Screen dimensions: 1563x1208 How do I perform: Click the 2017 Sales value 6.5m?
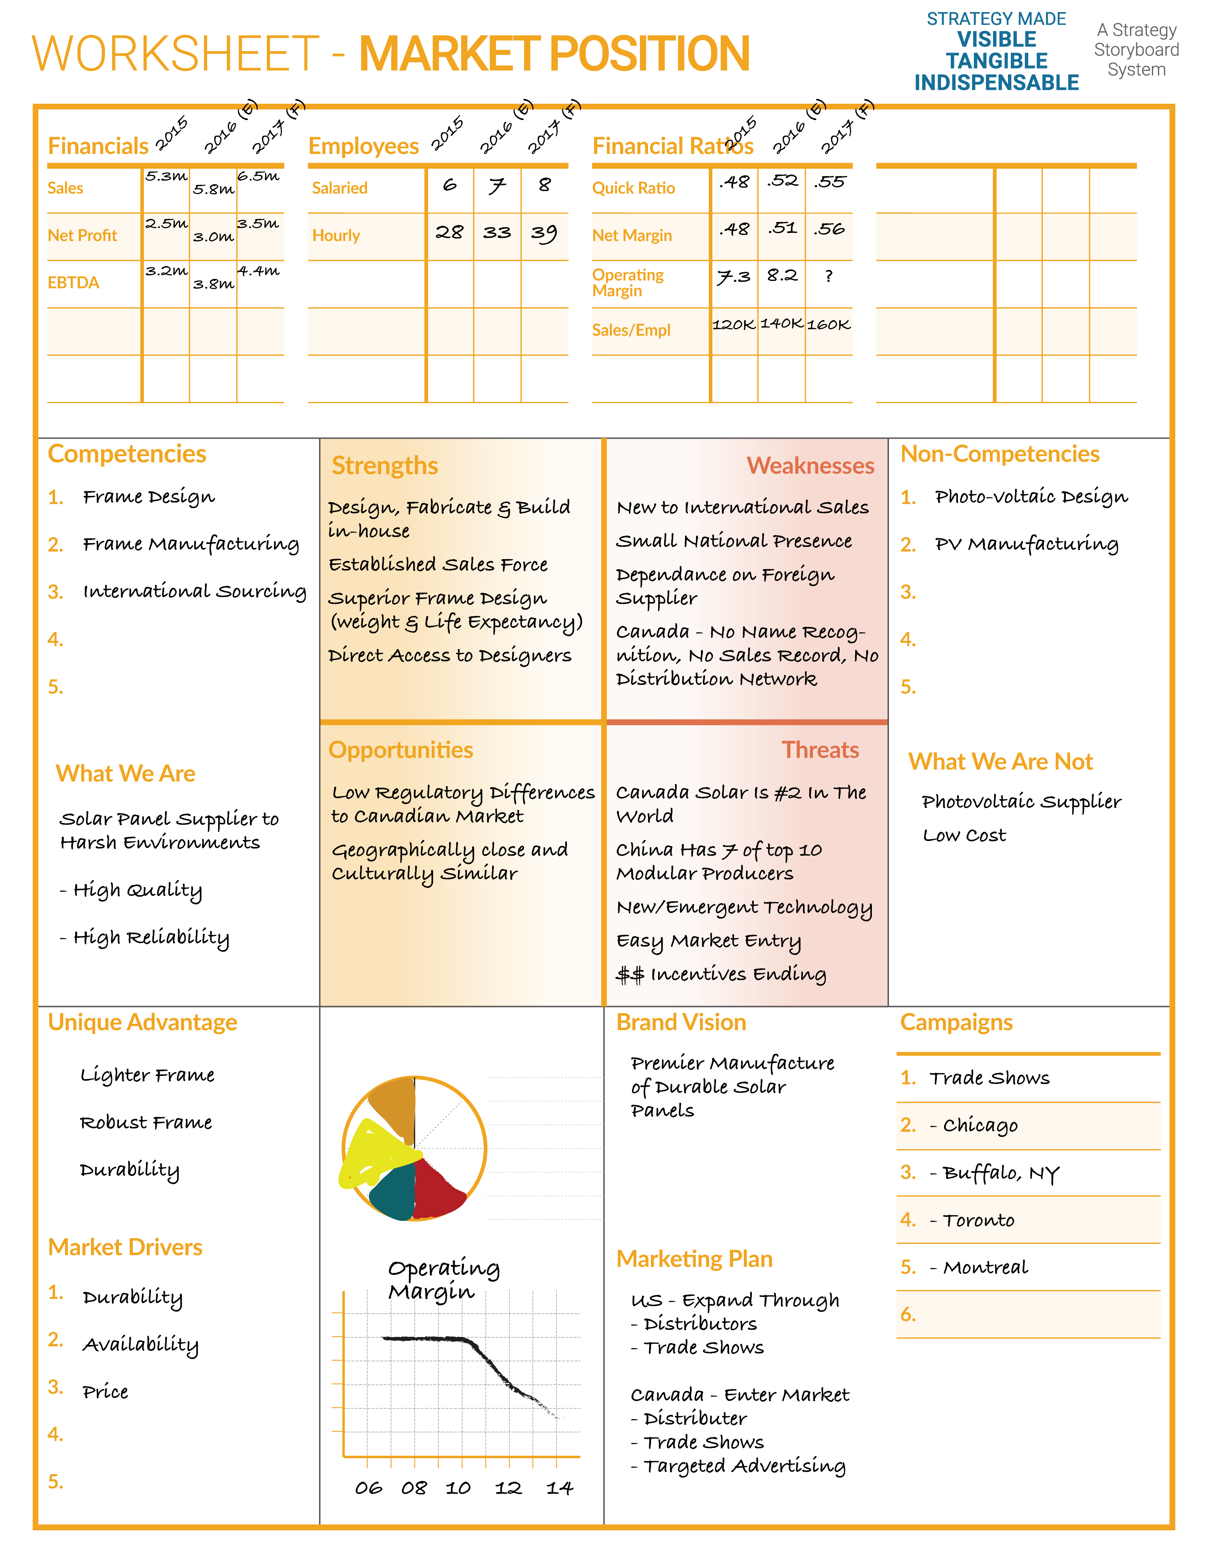coord(258,176)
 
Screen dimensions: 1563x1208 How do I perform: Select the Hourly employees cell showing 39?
coord(544,233)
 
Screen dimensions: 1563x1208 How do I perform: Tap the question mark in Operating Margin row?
coord(829,276)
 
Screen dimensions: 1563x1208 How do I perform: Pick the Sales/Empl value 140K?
coord(782,324)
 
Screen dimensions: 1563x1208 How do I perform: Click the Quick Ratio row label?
coord(633,188)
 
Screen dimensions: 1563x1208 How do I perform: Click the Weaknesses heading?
coord(810,466)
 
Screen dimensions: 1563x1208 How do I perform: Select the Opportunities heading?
coord(401,750)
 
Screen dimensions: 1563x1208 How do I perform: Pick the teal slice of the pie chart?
coord(392,1191)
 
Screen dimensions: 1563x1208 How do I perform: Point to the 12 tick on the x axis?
coord(508,1488)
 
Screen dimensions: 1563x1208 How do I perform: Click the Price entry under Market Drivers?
coord(105,1392)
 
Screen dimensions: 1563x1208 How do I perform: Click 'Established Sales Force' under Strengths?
coord(438,565)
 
